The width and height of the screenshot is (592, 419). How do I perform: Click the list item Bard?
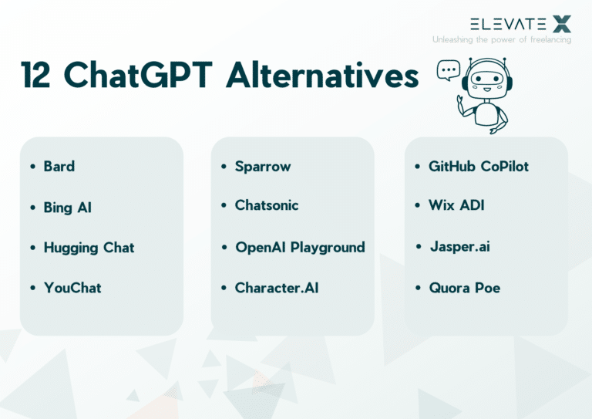pyautogui.click(x=59, y=167)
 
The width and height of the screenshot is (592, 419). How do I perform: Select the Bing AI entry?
pyautogui.click(x=67, y=208)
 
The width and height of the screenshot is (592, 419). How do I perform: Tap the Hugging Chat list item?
pyautogui.click(x=89, y=248)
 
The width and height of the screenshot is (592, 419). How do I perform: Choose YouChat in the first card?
pyautogui.click(x=72, y=288)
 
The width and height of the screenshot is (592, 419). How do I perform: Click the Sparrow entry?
pyautogui.click(x=263, y=167)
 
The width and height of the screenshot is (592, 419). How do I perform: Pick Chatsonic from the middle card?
pyautogui.click(x=267, y=205)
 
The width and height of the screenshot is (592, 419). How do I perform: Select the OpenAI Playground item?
pyautogui.click(x=300, y=248)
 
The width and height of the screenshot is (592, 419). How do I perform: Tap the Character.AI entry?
pyautogui.click(x=277, y=288)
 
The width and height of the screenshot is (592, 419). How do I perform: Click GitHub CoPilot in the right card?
pyautogui.click(x=479, y=166)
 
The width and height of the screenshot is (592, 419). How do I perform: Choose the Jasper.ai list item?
pyautogui.click(x=459, y=247)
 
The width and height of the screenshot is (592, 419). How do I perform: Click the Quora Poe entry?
pyautogui.click(x=465, y=288)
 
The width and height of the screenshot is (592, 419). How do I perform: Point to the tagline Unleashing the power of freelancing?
pyautogui.click(x=502, y=39)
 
